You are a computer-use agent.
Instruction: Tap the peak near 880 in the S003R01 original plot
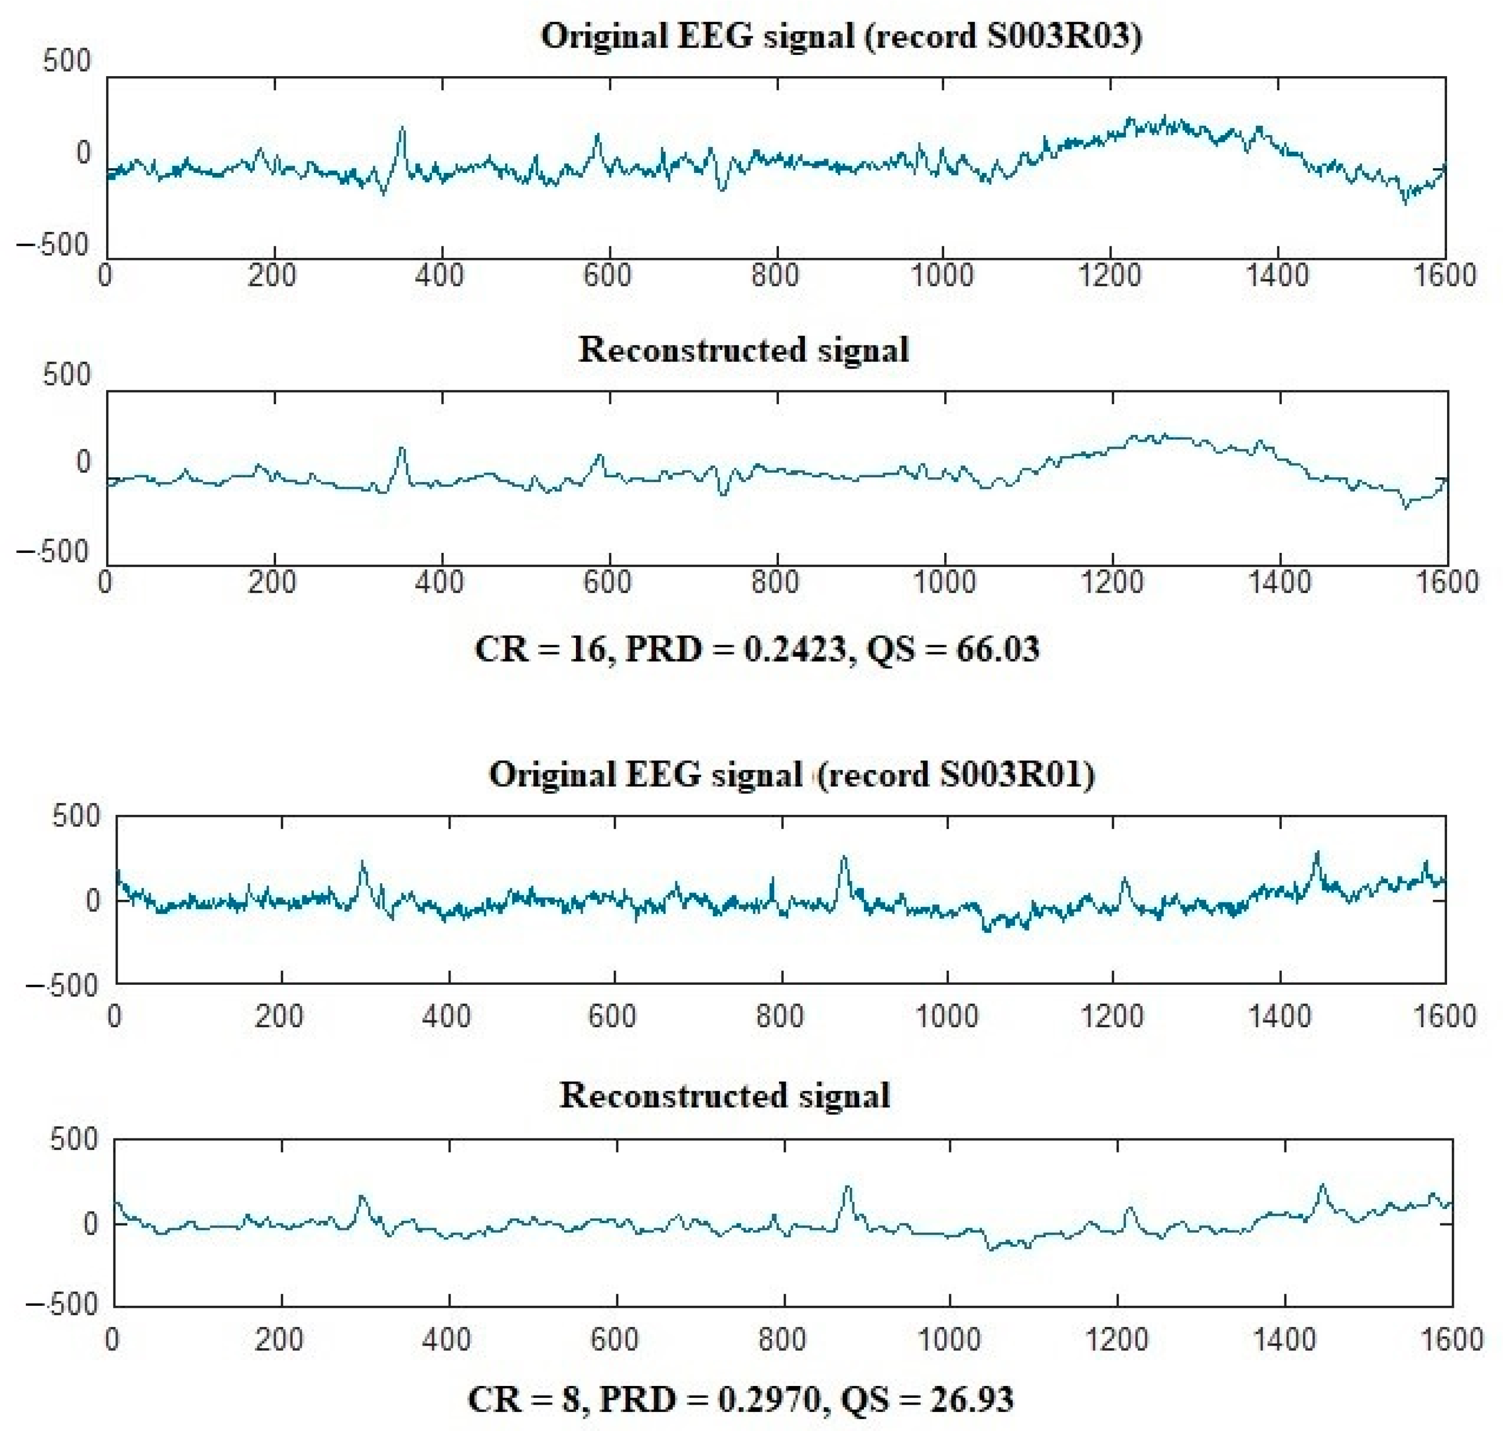point(844,857)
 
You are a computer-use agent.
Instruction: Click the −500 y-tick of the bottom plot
point(63,1303)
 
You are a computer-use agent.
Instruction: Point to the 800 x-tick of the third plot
point(780,1016)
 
